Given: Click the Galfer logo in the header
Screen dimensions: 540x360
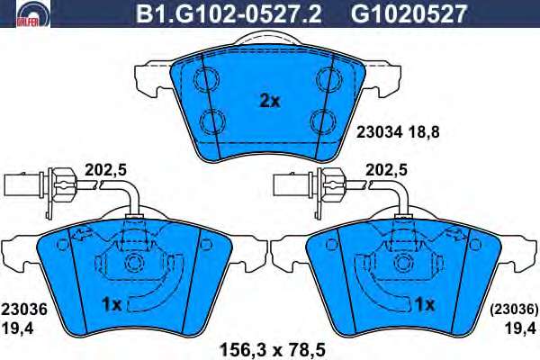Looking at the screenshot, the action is point(33,13).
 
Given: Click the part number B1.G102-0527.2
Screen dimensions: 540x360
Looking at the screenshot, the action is point(229,13).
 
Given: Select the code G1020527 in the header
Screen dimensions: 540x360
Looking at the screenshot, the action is point(409,13).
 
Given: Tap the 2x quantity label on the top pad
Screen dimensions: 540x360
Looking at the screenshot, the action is point(270,101).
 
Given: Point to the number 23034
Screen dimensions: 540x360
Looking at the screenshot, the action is point(379,132).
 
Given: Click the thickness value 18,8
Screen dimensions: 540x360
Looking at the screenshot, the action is point(425,132).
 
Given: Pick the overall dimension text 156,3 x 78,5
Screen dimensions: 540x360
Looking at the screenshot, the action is point(272,350).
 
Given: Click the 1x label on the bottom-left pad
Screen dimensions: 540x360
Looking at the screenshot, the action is point(112,304).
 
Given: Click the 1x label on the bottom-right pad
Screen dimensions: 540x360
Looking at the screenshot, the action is point(425,304).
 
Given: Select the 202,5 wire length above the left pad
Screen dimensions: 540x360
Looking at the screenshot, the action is point(105,170).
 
